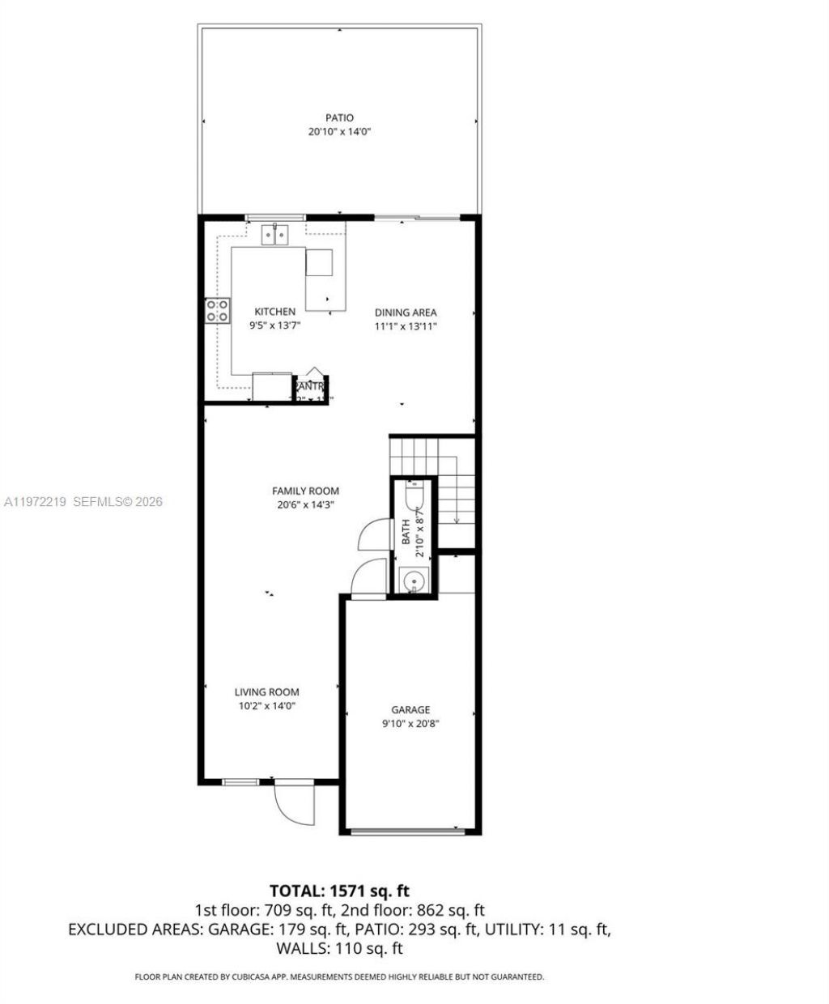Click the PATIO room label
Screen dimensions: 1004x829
click(339, 118)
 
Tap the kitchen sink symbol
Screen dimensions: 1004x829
click(275, 235)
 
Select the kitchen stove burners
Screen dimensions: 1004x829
click(217, 310)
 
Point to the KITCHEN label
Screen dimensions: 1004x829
click(274, 312)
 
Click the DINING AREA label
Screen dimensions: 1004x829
click(405, 313)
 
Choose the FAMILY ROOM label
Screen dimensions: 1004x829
click(305, 491)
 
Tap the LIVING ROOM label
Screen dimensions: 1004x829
click(266, 692)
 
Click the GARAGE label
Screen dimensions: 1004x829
click(410, 710)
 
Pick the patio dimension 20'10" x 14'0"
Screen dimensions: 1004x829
click(339, 132)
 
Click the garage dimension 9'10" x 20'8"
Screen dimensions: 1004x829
click(410, 725)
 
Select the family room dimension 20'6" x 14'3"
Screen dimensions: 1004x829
click(305, 504)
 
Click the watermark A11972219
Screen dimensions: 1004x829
click(36, 502)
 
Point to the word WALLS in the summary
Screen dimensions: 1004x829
click(299, 948)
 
